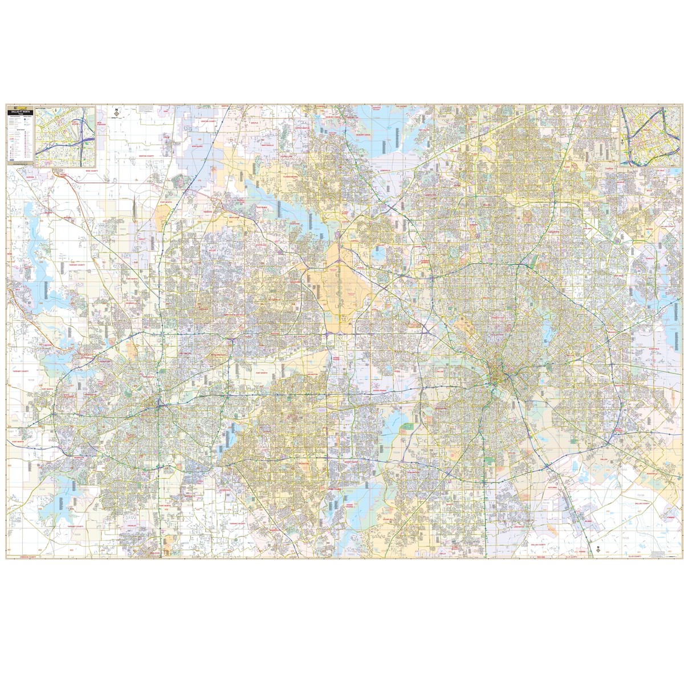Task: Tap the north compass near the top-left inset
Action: pos(116,112)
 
